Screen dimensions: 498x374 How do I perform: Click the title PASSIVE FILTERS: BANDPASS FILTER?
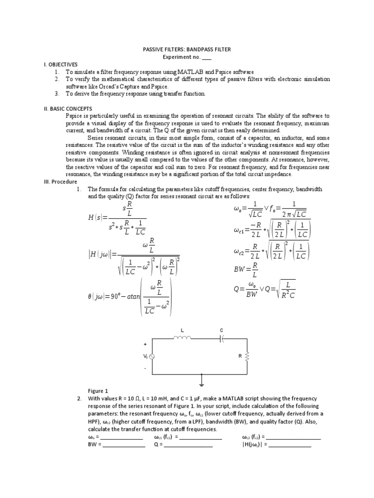coord(187,49)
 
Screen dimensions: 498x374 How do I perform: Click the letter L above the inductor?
coord(183,330)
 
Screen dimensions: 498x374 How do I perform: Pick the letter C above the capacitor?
coord(222,330)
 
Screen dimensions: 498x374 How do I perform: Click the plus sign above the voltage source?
coord(145,344)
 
